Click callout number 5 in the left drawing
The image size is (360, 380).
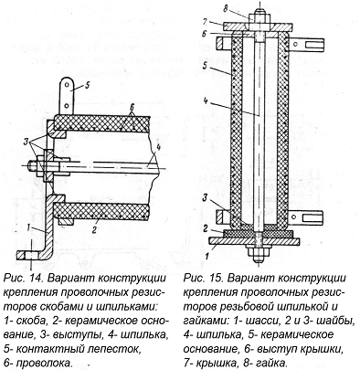coord(87,86)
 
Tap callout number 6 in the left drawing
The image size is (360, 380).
coord(132,107)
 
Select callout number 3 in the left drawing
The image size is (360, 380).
coord(26,142)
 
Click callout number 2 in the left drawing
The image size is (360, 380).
coord(94,229)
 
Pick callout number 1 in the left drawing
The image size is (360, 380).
coord(28,227)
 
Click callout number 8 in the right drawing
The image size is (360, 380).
coord(226,9)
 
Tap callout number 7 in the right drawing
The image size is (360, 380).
coord(205,22)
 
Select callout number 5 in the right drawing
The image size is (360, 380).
coord(206,65)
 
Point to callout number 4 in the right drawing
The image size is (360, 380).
coord(206,100)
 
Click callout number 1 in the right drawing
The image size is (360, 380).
coord(206,256)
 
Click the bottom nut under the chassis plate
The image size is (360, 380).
coord(259,251)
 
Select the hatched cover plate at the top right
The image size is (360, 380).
coord(259,26)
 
